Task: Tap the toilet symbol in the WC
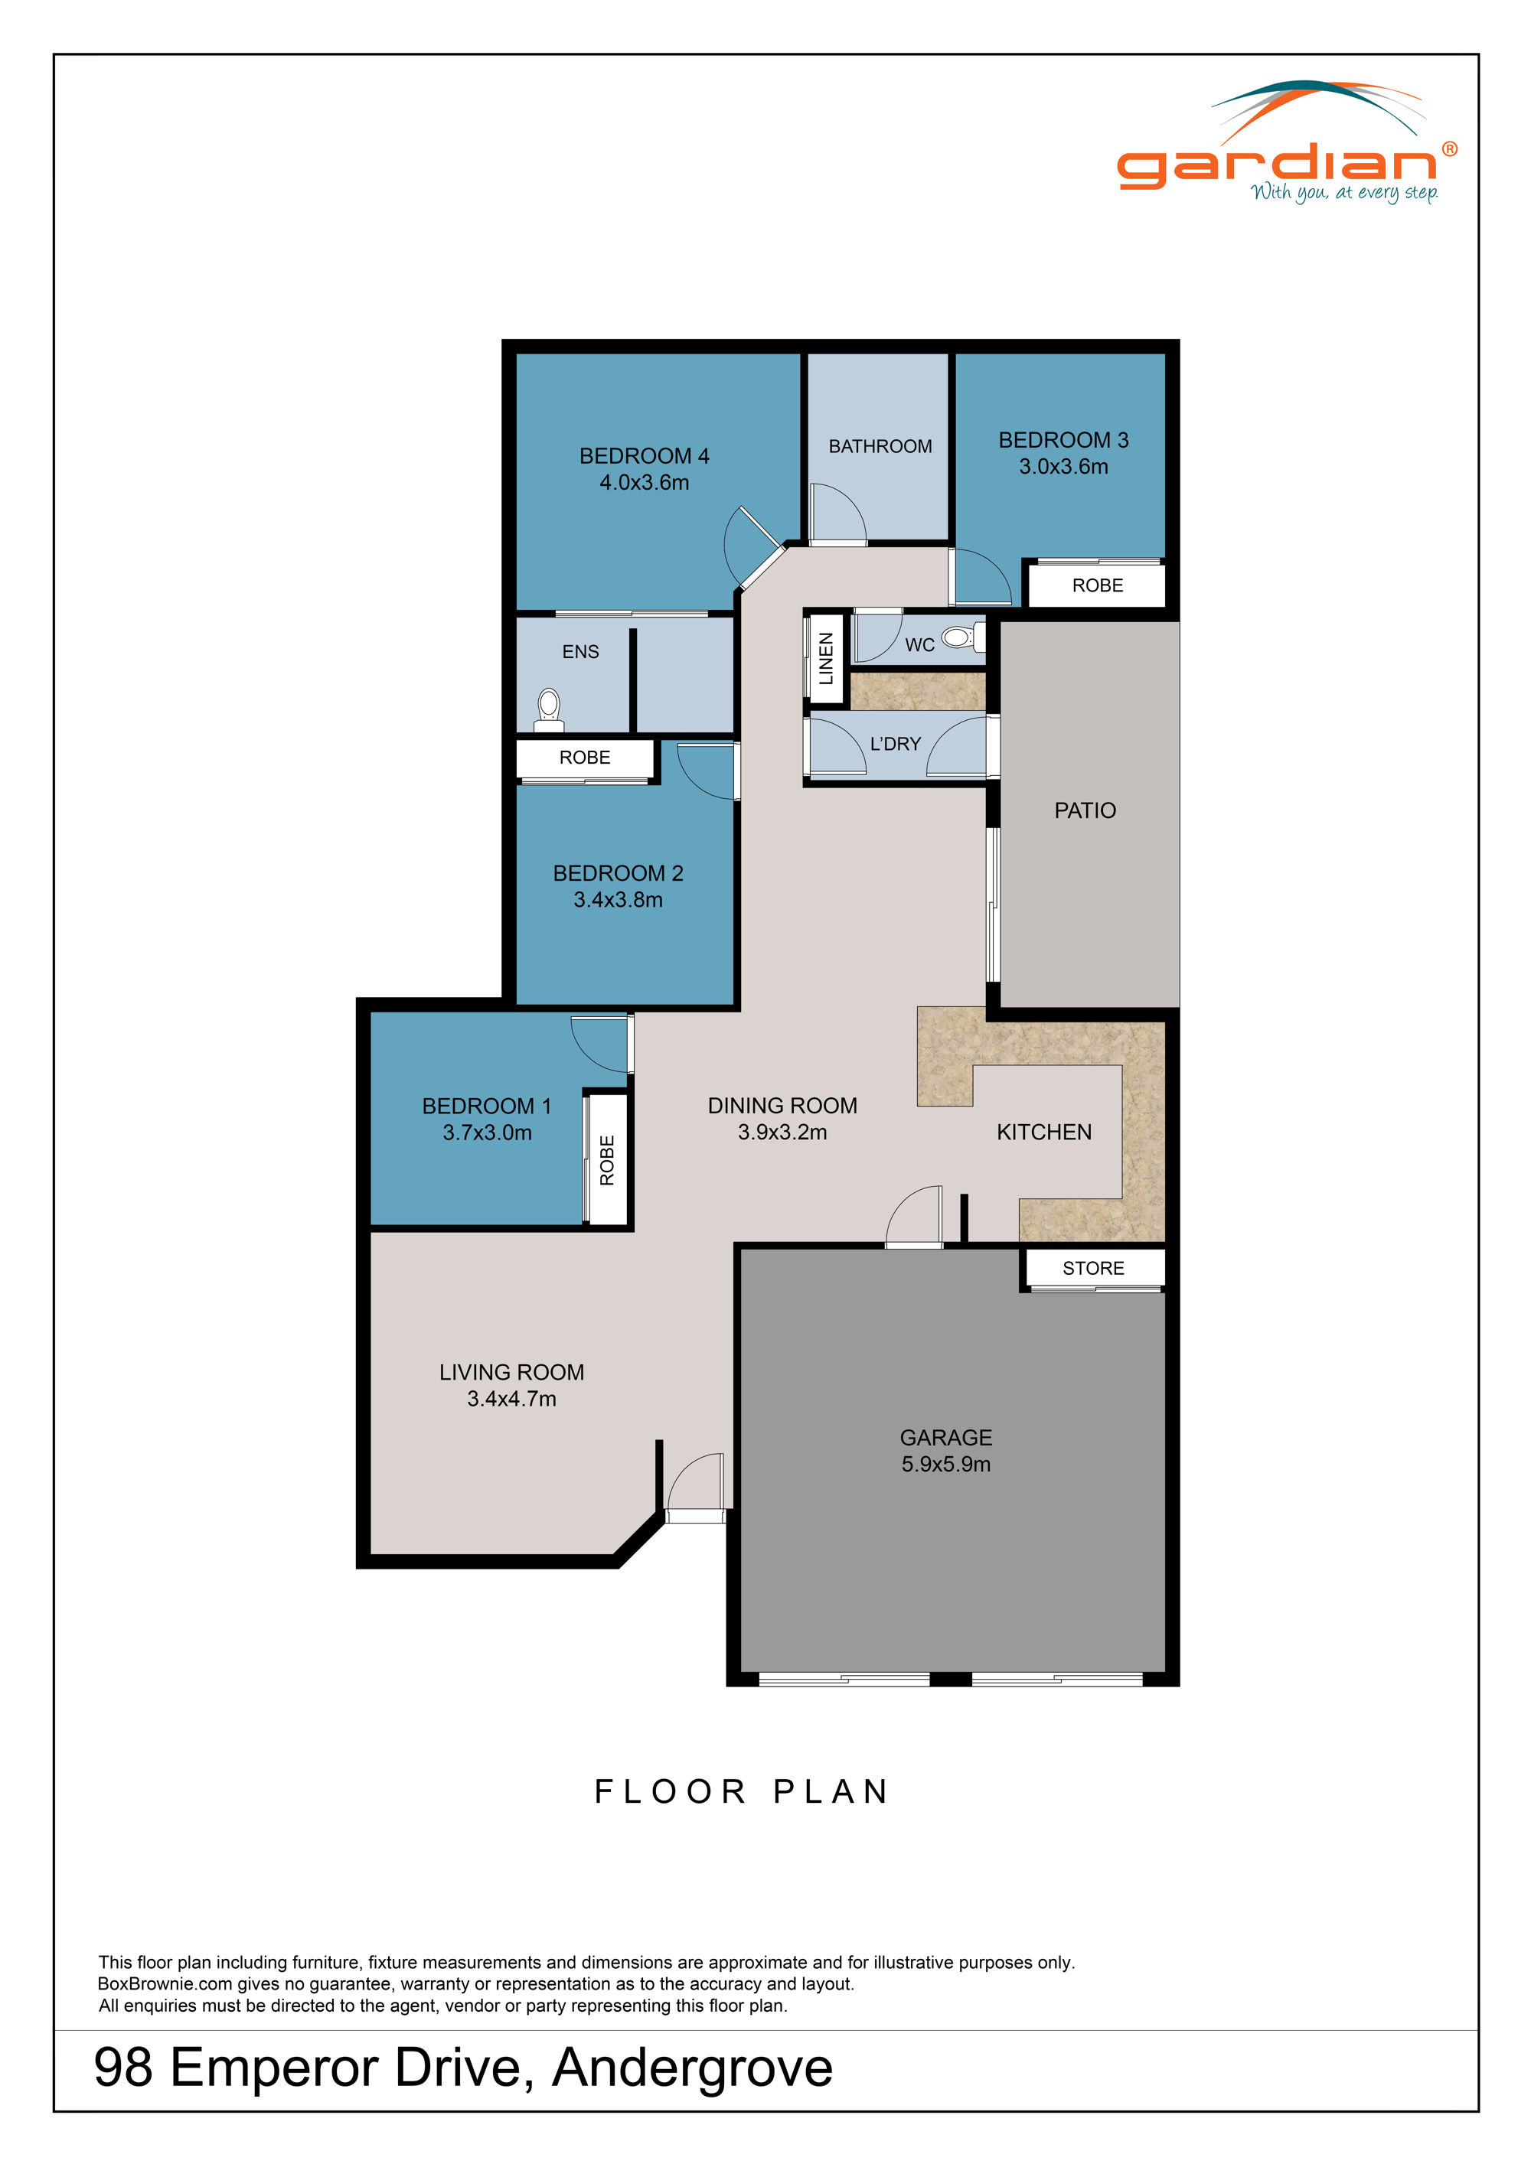coord(960,638)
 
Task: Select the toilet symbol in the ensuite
coord(549,708)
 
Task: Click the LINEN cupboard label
coord(826,658)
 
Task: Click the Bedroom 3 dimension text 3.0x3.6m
coord(1063,467)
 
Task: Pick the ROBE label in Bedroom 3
coord(1097,585)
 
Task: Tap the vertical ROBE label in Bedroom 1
coord(606,1159)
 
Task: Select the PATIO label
coord(1084,810)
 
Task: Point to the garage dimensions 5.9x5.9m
coord(945,1464)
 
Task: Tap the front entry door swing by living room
coord(696,1484)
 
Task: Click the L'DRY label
coord(895,744)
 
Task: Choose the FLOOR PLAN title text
coord(742,1791)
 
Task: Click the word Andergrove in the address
coord(692,2067)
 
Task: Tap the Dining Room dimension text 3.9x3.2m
coord(782,1132)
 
